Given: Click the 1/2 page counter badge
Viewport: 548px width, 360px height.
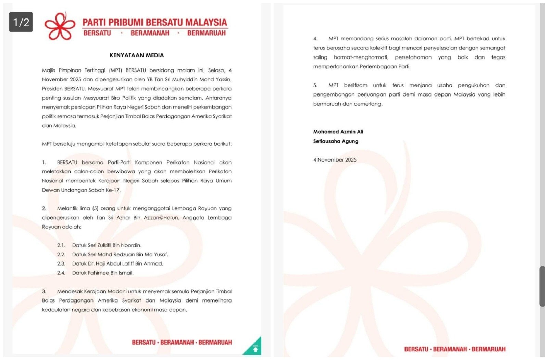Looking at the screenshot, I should point(21,22).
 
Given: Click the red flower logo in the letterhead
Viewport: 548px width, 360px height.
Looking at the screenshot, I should point(60,26).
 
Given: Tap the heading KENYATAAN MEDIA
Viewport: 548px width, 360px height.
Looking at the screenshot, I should point(137,55).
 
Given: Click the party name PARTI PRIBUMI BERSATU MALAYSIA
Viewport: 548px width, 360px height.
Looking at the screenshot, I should point(155,23).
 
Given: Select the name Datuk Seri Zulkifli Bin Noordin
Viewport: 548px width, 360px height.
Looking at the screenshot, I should point(107,245).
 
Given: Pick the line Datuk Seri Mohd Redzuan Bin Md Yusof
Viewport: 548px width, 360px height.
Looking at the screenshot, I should point(120,255).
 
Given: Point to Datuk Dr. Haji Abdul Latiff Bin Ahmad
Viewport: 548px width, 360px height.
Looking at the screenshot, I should point(117,264).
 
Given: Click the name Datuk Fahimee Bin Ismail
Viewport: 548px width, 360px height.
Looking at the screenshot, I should point(103,273).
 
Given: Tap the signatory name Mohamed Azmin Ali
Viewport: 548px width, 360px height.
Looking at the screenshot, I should point(338,132).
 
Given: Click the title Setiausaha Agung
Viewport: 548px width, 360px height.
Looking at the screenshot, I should point(336,141).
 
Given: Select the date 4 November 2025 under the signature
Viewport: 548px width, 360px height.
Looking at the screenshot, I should point(335,160).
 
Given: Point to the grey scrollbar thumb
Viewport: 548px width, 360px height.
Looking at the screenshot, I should point(542,286).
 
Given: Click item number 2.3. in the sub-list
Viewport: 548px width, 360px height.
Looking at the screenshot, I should point(61,264).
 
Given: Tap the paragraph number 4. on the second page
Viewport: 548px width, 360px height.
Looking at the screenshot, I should point(315,39).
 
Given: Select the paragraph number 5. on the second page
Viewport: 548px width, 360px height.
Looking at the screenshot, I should point(315,85).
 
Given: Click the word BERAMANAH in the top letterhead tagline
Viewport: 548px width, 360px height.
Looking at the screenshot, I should point(150,33).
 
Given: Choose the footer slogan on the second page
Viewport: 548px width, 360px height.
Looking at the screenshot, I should point(454,349).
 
